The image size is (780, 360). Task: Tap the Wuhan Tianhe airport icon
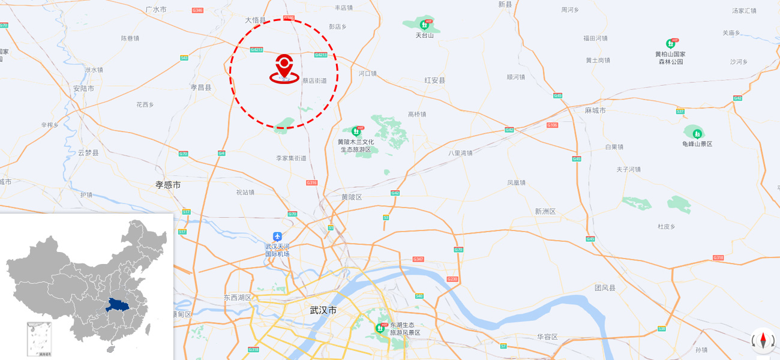coord(277,236)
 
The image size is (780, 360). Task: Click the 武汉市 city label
coord(323,310)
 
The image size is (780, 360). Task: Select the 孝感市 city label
coord(168,185)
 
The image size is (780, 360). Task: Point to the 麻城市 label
coord(595,110)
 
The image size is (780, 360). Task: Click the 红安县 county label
coord(434,80)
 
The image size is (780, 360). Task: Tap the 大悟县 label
coord(255,20)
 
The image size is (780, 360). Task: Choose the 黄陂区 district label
coord(352,197)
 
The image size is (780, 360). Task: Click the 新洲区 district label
coord(545,211)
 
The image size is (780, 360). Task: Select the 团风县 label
coord(605,288)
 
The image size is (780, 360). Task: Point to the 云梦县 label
coord(88,153)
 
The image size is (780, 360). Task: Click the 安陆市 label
coord(83,88)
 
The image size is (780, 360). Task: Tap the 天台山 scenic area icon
coord(425,25)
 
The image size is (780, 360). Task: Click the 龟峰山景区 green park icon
coord(697,133)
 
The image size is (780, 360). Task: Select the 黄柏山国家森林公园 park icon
coord(670,44)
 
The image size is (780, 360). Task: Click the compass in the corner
coord(763,340)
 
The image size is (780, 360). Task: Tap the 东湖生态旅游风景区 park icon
coord(380,328)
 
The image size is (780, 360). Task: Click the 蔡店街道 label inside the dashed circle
coord(314,80)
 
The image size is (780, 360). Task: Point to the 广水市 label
coord(156,10)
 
